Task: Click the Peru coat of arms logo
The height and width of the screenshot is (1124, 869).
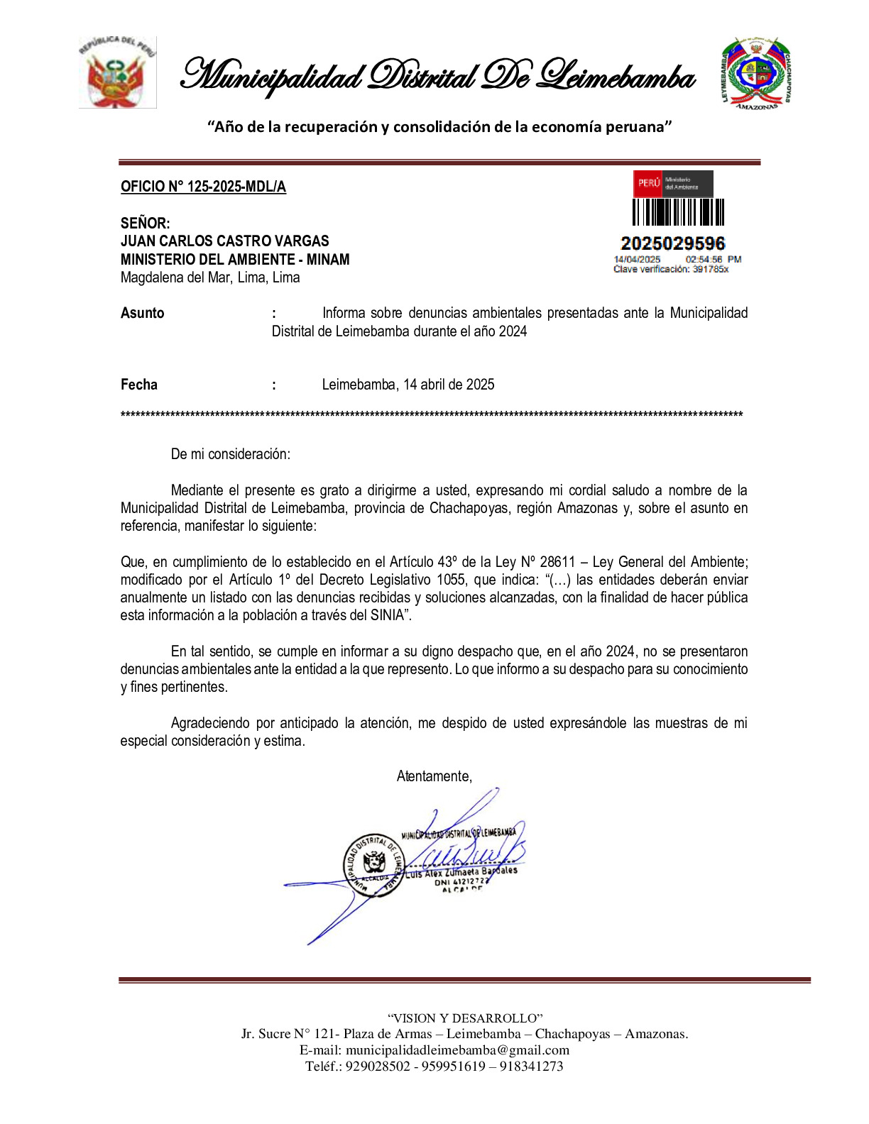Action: pyautogui.click(x=117, y=72)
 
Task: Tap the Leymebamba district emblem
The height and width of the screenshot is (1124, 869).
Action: pyautogui.click(x=755, y=73)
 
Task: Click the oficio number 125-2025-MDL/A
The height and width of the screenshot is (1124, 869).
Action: pyautogui.click(x=203, y=187)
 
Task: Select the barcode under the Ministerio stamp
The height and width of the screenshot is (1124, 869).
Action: pyautogui.click(x=678, y=212)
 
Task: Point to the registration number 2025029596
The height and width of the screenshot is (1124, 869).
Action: pyautogui.click(x=672, y=243)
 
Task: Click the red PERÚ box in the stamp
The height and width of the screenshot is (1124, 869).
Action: pyautogui.click(x=648, y=183)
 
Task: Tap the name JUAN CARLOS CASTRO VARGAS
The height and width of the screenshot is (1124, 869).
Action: pyautogui.click(x=224, y=241)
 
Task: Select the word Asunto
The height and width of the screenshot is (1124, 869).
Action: pyautogui.click(x=142, y=313)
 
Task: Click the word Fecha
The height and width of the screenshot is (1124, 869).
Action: pyautogui.click(x=139, y=385)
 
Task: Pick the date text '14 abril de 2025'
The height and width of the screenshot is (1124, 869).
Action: pyautogui.click(x=449, y=385)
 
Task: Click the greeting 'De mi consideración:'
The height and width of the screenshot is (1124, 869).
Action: pyautogui.click(x=230, y=454)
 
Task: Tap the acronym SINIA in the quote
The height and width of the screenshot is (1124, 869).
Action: pyautogui.click(x=387, y=615)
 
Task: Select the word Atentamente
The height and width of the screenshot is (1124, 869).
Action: pyautogui.click(x=434, y=776)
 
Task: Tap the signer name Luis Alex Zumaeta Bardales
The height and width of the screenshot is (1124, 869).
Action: pyautogui.click(x=461, y=872)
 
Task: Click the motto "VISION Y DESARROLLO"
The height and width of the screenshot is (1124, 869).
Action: pyautogui.click(x=465, y=1018)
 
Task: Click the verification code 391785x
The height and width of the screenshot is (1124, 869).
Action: pyautogui.click(x=710, y=269)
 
